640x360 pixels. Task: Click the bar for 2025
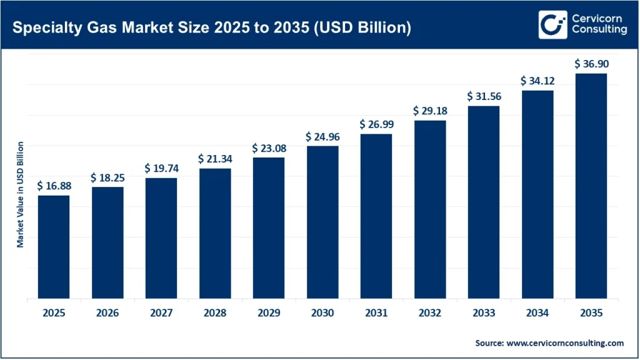click(54, 247)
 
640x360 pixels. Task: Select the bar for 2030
click(322, 222)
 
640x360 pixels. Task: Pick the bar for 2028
click(214, 234)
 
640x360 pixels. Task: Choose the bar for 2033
click(483, 202)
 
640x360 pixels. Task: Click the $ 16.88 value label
click(54, 186)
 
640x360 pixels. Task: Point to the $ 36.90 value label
click(591, 64)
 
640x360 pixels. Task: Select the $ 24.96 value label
click(322, 136)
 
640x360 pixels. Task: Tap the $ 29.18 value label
click(429, 111)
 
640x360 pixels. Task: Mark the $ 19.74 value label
click(161, 168)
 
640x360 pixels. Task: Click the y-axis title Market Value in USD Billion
click(20, 194)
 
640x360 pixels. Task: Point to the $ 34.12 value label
click(537, 81)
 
